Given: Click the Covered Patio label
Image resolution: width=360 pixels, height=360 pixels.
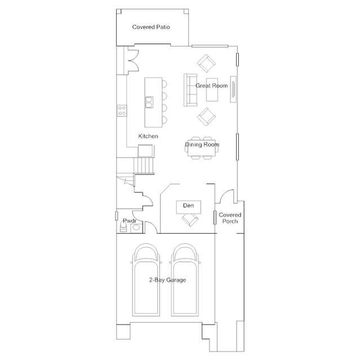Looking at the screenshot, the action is [x=151, y=27].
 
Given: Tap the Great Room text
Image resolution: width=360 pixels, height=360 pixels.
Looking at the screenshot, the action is [x=211, y=86].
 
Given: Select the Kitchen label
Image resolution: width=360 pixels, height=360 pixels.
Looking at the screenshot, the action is [x=148, y=136].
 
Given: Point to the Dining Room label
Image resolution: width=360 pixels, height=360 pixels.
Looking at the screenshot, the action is [x=202, y=144].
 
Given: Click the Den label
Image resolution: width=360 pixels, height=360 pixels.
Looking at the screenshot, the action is [x=188, y=206].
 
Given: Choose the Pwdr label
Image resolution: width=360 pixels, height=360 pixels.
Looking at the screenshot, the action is [x=130, y=221].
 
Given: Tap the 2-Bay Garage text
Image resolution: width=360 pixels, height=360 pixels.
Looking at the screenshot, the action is [x=167, y=280].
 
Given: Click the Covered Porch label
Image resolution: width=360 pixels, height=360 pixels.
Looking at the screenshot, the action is [x=230, y=218].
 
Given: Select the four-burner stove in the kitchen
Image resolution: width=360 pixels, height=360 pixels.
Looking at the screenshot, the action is [x=122, y=110].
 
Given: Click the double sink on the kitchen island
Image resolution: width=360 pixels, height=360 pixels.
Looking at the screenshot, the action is [x=149, y=102].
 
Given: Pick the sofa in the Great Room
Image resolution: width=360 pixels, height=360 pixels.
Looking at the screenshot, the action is [x=190, y=90].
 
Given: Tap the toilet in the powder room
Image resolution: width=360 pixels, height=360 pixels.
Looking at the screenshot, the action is [x=123, y=226].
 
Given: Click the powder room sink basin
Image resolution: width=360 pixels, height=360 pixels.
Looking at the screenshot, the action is [x=136, y=228].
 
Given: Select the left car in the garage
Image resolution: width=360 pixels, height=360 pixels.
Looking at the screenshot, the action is [x=146, y=280].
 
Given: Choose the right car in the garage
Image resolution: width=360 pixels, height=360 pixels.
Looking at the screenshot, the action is [x=185, y=280].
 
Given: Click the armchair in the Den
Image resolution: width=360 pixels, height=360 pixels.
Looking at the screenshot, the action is [x=190, y=220].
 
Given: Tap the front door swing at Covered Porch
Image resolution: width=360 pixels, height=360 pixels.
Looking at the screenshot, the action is [x=227, y=196].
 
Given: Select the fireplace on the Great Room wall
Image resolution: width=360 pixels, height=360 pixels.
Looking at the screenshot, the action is [x=233, y=90].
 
